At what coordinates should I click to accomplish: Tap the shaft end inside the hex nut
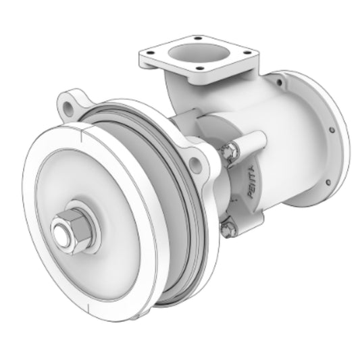61,234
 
